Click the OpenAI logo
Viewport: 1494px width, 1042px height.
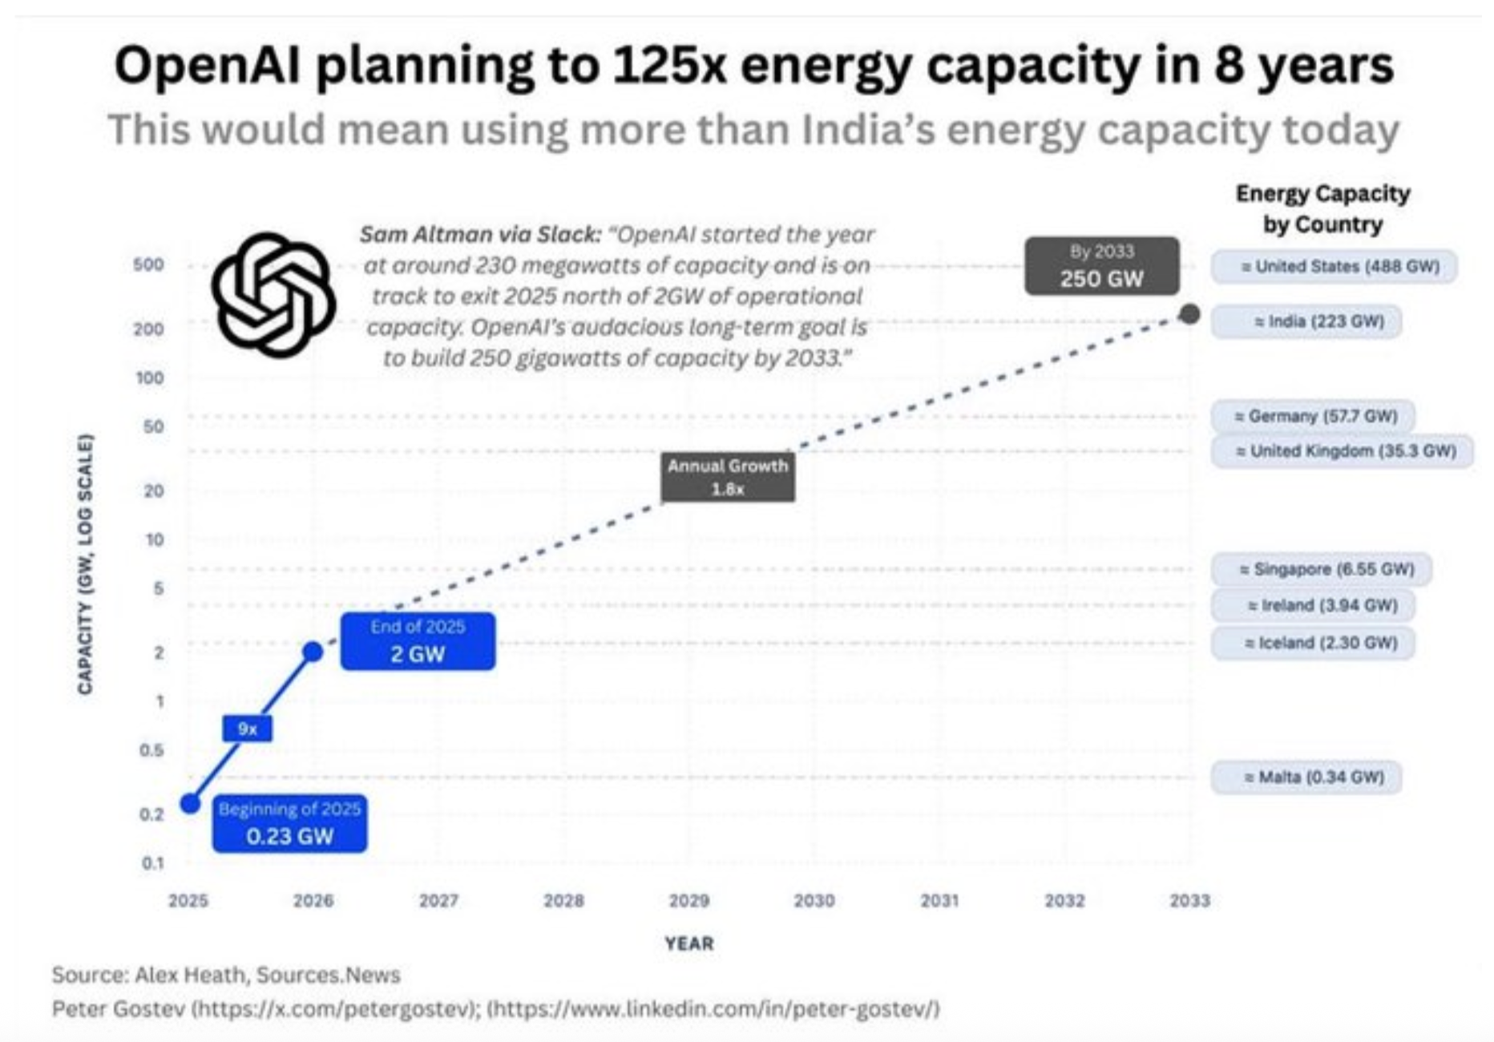click(273, 294)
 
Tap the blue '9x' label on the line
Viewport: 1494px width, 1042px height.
click(248, 729)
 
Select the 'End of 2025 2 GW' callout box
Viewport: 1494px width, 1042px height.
click(418, 641)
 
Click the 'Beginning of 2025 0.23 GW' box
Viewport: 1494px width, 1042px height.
click(289, 823)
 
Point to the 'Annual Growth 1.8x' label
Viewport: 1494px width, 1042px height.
click(728, 477)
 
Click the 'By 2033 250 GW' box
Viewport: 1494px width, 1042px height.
click(1101, 266)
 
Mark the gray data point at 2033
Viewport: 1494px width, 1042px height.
click(1189, 314)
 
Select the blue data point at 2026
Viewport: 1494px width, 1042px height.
click(313, 652)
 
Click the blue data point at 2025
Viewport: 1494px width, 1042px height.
click(190, 803)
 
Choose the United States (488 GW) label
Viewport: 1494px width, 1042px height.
click(1334, 267)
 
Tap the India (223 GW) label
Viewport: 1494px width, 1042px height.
click(1306, 321)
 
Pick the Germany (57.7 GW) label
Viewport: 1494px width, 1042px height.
click(1312, 416)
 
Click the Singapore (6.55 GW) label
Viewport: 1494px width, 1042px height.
click(1321, 569)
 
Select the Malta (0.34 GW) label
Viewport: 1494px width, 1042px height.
click(1306, 777)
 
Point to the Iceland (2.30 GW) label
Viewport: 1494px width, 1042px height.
click(1312, 643)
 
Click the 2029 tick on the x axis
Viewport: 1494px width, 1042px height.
click(688, 901)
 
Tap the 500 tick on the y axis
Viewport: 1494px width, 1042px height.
click(148, 265)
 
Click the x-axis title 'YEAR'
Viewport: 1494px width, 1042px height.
click(688, 943)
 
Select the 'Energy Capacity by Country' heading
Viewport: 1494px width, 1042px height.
click(1322, 208)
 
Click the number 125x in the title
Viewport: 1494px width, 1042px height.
click(669, 66)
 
